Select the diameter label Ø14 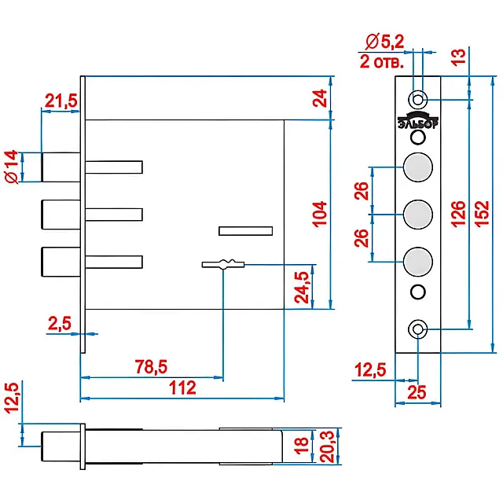pos(12,167)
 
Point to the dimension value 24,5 pos(303,286)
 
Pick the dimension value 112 pos(182,387)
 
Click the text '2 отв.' pos(383,62)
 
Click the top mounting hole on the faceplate pos(418,99)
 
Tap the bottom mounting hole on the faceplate pos(418,329)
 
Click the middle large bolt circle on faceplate pos(418,213)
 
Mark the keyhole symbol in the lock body pos(224,264)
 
